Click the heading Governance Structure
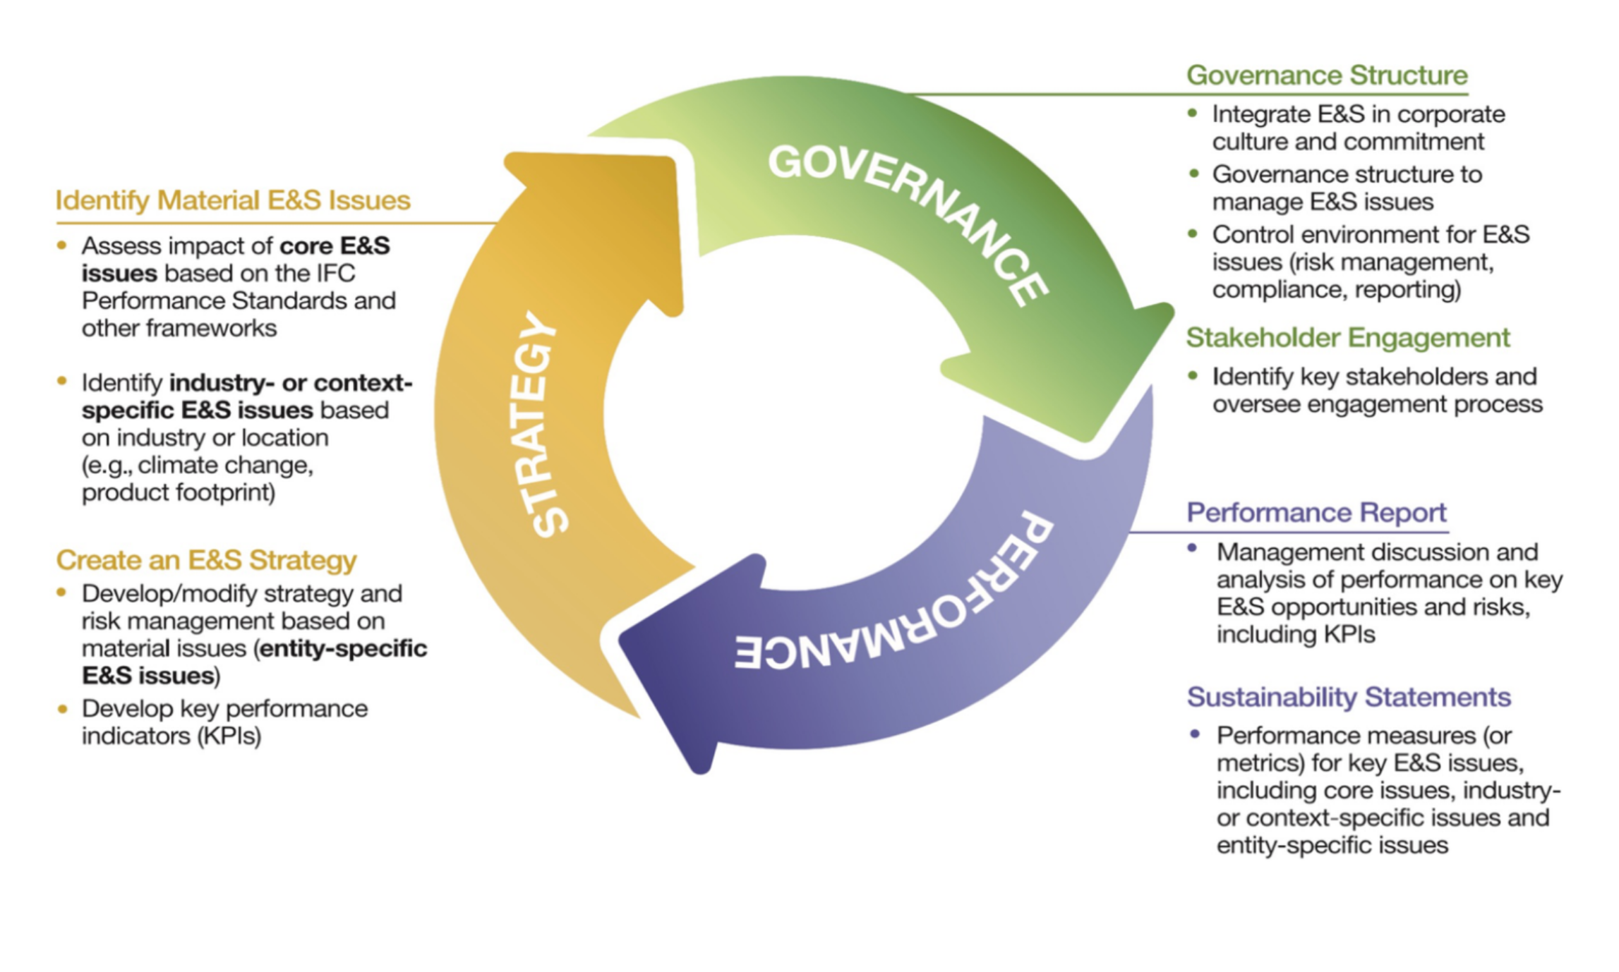pos(1326,75)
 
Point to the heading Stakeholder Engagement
pos(1347,337)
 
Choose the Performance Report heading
pos(1316,512)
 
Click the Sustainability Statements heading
pos(1348,697)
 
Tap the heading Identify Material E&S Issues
pos(233,200)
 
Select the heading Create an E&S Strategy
pos(206,560)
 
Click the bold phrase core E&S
pos(335,246)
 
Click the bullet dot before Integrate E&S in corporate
pos(1193,113)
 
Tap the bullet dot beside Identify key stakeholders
pos(1193,376)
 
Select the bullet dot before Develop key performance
pos(63,708)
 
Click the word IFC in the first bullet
pos(335,274)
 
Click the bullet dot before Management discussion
pos(1193,548)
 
